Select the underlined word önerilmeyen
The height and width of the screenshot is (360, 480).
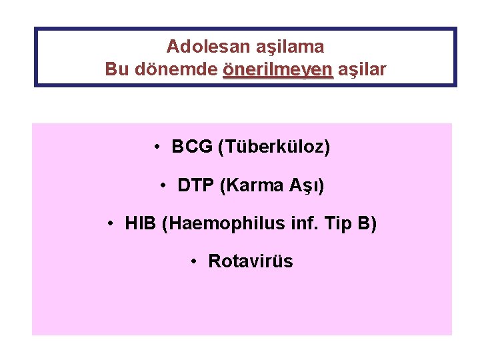[277, 69]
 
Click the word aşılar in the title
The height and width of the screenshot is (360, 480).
[362, 69]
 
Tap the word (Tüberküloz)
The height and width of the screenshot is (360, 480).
[274, 147]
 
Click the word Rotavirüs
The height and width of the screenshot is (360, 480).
[250, 261]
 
